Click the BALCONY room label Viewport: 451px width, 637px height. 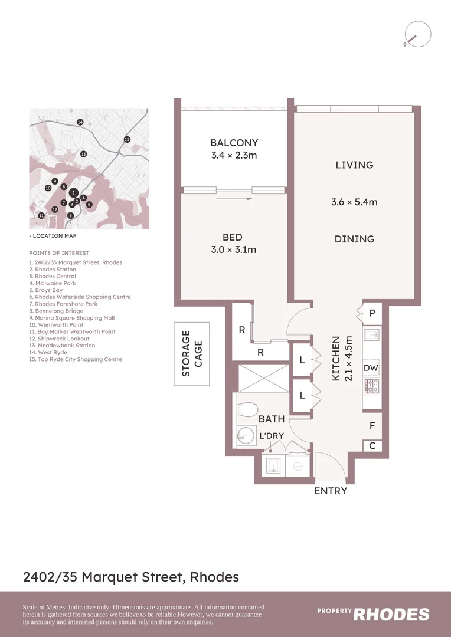[x=234, y=143]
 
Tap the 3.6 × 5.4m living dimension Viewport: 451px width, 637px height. [x=354, y=202]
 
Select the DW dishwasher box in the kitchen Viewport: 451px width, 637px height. [x=371, y=368]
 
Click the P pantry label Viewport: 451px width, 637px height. [x=372, y=314]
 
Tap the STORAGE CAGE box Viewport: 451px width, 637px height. [x=192, y=354]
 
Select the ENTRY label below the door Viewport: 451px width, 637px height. [x=331, y=491]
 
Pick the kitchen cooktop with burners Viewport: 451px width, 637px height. [x=372, y=386]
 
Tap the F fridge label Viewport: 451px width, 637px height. [x=372, y=425]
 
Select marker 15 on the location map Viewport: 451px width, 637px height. [x=127, y=139]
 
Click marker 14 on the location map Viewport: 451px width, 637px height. [x=80, y=122]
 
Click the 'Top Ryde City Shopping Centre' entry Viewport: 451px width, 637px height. [x=76, y=359]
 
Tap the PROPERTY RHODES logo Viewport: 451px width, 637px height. [x=373, y=614]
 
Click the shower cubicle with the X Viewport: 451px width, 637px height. [x=264, y=377]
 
